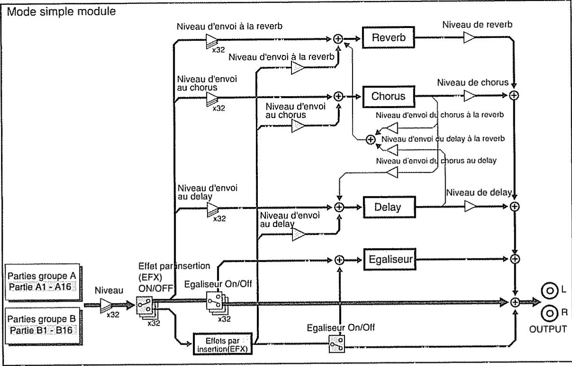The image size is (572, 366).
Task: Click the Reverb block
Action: (x=388, y=37)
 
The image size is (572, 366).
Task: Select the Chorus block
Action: (x=388, y=97)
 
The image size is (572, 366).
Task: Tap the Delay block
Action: (x=389, y=207)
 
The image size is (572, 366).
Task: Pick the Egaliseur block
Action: (x=390, y=259)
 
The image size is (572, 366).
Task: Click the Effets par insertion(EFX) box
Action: (x=223, y=344)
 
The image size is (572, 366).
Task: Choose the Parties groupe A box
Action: (x=42, y=282)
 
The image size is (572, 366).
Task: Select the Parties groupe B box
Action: (x=42, y=326)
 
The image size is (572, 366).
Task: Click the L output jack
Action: (x=550, y=291)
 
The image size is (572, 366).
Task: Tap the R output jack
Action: (x=550, y=313)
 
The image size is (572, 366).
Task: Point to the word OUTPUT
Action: (x=548, y=329)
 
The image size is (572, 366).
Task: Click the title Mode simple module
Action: (x=62, y=11)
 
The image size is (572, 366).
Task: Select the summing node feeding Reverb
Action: (x=338, y=39)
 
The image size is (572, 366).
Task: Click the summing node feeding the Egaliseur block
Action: (x=339, y=260)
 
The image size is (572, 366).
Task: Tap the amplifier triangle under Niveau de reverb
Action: (x=468, y=37)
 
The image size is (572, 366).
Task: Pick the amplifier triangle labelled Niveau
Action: (x=106, y=305)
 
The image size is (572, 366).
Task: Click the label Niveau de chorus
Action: (x=473, y=82)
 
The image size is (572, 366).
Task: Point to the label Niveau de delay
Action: (x=479, y=192)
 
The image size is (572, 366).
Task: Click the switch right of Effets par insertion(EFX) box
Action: (x=337, y=344)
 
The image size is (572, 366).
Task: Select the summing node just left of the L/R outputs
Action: (x=515, y=303)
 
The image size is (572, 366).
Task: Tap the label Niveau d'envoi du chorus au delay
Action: (x=436, y=161)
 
